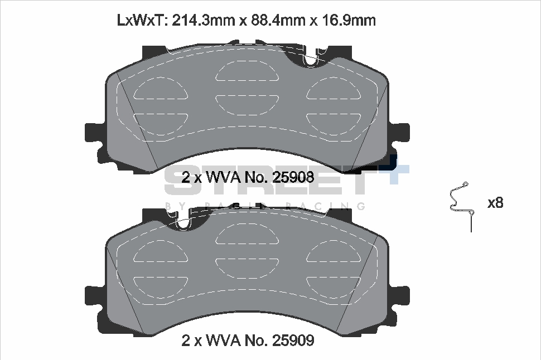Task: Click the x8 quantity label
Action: coord(495,203)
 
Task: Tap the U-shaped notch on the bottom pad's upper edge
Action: coord(186,221)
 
